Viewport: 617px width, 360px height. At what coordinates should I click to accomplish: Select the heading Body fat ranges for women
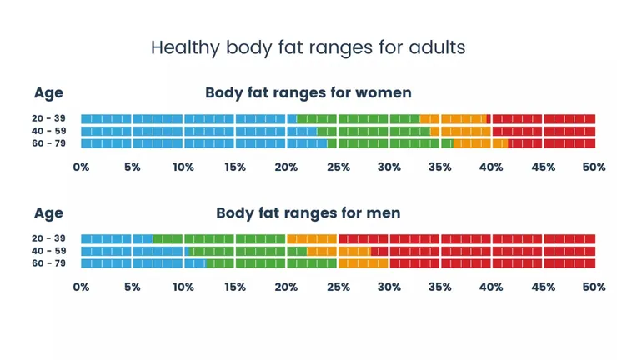308,92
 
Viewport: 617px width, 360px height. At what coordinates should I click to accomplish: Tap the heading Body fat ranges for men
308,212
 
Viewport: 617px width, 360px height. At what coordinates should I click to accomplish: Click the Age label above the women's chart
48,92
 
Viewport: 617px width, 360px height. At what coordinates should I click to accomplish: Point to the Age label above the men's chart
48,212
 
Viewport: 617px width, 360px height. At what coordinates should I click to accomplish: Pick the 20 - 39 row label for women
49,118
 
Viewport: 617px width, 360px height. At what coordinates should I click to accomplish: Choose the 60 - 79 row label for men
49,263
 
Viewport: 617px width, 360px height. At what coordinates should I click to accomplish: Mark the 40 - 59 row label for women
49,131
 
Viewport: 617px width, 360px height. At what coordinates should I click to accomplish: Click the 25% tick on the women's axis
338,167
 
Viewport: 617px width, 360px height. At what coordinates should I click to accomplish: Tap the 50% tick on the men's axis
594,287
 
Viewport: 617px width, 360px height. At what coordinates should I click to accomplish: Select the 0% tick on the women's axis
81,167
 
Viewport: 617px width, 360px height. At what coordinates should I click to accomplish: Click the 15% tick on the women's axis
235,167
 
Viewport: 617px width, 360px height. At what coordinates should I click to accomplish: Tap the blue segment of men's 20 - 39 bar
117,239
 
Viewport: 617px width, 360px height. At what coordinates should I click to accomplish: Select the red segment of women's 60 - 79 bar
552,143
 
